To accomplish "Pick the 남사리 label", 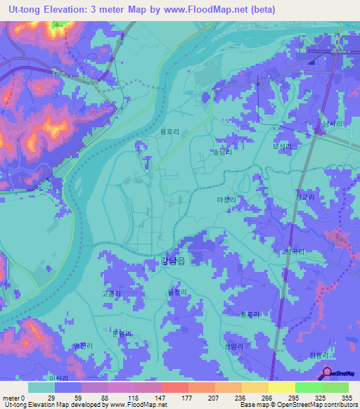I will tap(332, 123).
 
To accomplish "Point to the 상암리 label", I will tap(234, 346).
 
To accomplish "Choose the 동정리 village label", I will tap(177, 292).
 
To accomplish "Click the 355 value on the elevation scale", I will tap(345, 398).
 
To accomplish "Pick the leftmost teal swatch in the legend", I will tap(41, 387).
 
